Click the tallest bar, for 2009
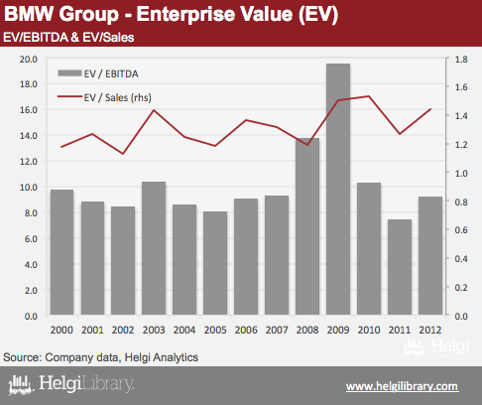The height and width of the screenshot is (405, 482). coord(338,189)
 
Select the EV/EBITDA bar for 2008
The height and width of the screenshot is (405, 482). coord(307,226)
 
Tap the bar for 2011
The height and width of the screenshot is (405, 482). coord(400,267)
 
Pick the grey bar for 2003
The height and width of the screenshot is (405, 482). coord(154,248)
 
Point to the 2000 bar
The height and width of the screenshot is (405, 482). coord(61,252)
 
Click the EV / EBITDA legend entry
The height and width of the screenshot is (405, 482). coord(98,73)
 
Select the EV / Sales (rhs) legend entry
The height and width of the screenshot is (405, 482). coord(104,97)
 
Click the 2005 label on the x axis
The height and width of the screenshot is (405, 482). coord(215,330)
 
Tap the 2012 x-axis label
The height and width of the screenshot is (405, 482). coord(430,330)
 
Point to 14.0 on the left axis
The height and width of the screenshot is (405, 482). coord(29,135)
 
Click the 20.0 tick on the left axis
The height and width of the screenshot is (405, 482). coord(29,60)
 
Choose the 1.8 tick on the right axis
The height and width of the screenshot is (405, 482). coord(461,60)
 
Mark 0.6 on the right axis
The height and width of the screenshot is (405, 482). coord(461,229)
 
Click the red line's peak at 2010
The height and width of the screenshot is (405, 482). coord(369,96)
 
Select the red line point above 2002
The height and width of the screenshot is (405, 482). coord(123,154)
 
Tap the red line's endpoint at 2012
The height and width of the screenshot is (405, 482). coord(430,109)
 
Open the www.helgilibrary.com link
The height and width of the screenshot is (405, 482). coord(403,386)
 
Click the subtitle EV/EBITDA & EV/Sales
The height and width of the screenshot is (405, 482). coord(68,38)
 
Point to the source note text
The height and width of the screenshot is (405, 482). coord(100,357)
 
